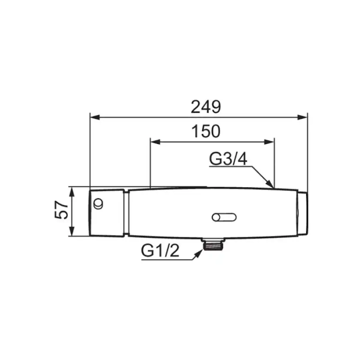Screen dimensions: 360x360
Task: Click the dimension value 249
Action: click(x=206, y=107)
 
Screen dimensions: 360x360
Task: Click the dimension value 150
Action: click(x=206, y=132)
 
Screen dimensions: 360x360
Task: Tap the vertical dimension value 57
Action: click(x=62, y=210)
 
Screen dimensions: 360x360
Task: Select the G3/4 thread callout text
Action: click(x=228, y=159)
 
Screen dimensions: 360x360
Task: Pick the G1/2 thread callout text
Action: click(x=160, y=250)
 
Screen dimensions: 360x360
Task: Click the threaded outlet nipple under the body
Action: click(x=213, y=244)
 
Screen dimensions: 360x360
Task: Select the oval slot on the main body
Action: click(x=224, y=217)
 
